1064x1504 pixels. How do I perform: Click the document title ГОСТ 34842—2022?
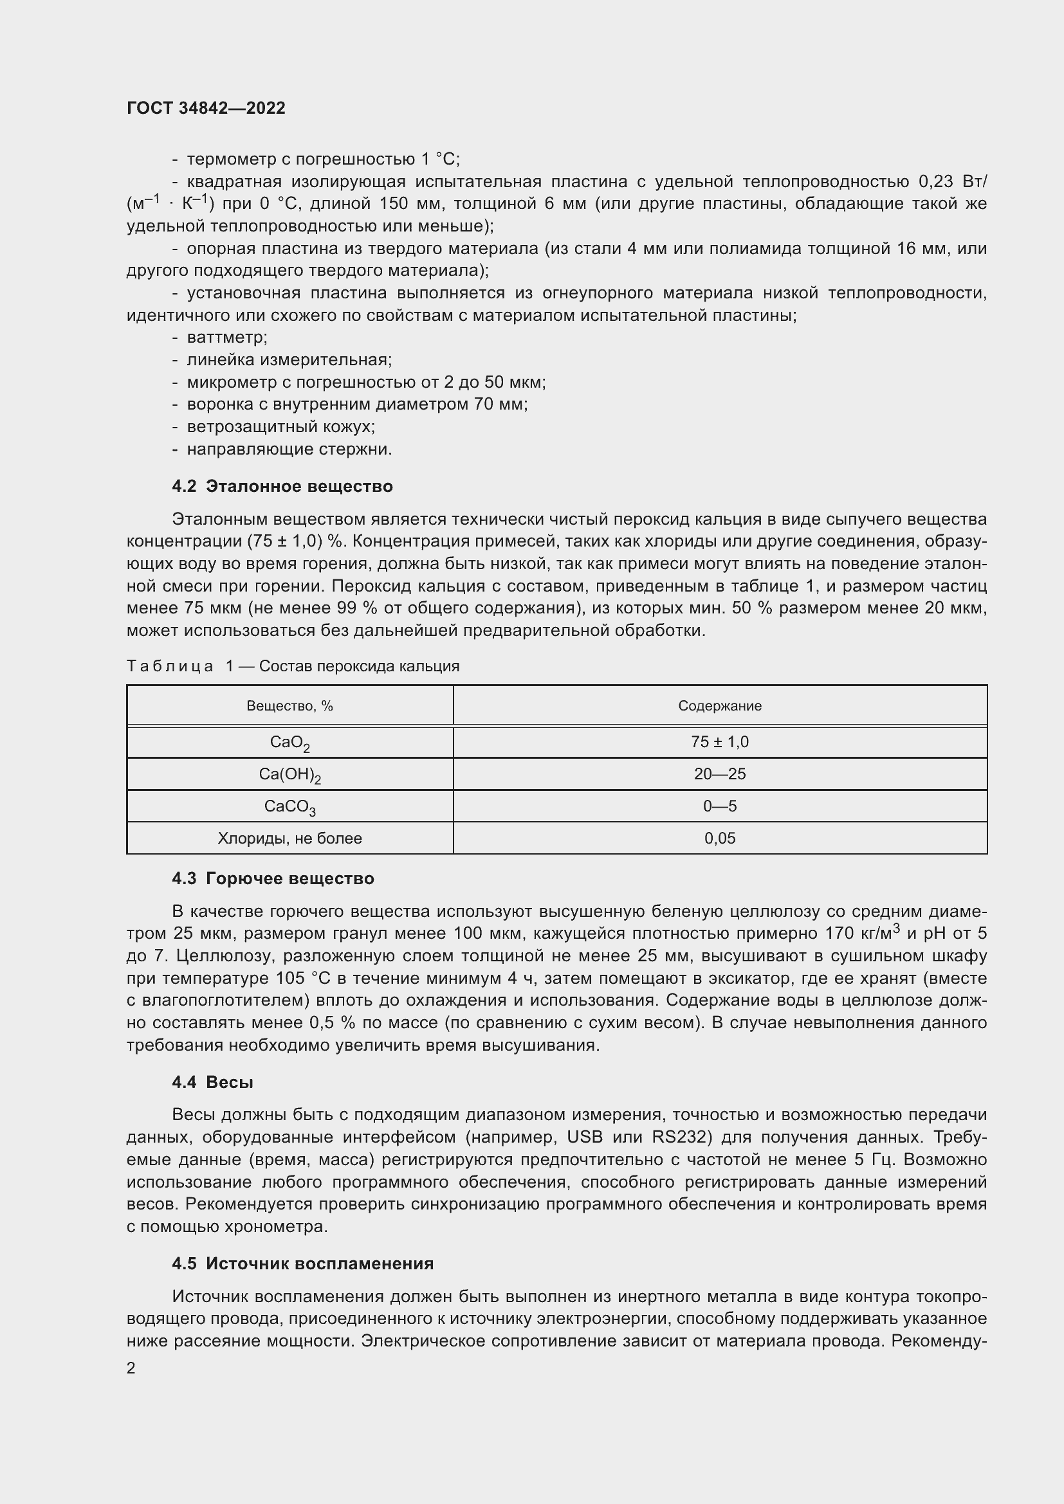tap(206, 108)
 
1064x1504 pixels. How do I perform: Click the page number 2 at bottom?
tap(131, 1368)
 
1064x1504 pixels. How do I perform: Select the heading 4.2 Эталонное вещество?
tap(282, 486)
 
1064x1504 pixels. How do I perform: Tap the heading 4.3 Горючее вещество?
tap(273, 878)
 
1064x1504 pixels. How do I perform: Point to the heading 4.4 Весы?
tap(212, 1082)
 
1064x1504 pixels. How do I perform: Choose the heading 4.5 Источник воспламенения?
tap(303, 1264)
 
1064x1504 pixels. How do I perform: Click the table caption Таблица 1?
tap(293, 666)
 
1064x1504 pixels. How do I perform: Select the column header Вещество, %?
tap(289, 705)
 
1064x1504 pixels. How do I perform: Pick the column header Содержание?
tap(719, 705)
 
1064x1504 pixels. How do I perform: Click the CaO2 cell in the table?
tap(289, 743)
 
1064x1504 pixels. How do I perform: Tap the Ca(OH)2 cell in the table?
tap(289, 775)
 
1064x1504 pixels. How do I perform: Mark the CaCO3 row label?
tap(289, 807)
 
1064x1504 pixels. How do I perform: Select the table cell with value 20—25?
tap(719, 774)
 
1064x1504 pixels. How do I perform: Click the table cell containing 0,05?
tap(719, 838)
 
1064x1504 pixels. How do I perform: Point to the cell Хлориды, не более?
tap(289, 838)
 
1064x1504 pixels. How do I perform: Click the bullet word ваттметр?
tap(226, 338)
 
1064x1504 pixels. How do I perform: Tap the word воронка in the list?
tap(215, 404)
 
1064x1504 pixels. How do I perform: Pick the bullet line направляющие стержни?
tap(289, 449)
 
